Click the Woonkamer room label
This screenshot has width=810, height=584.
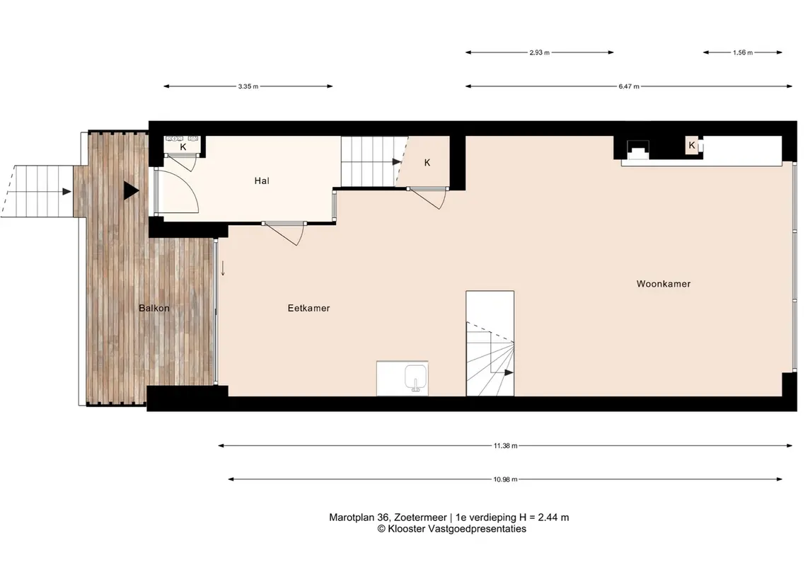[664, 284]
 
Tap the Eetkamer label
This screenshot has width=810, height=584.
[308, 308]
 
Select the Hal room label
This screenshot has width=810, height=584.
[262, 181]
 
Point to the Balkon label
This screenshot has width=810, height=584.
[154, 308]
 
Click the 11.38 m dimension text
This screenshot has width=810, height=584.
[505, 445]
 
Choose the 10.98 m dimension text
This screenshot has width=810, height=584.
[505, 479]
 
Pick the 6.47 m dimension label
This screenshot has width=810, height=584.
[629, 86]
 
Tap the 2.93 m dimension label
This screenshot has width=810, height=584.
[539, 52]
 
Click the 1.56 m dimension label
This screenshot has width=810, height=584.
[743, 52]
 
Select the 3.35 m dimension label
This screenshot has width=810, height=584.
[248, 86]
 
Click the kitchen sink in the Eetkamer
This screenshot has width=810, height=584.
[416, 378]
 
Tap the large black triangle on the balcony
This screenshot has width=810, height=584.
[131, 190]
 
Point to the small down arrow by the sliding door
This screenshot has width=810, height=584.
[223, 268]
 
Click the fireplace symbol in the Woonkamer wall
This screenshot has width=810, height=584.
[638, 150]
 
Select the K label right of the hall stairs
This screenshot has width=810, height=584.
[427, 163]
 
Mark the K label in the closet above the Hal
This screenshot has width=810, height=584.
[183, 147]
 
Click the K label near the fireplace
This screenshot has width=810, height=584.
[692, 146]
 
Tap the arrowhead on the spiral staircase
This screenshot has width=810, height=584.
[509, 372]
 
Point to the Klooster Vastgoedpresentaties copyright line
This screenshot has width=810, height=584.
[451, 529]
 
